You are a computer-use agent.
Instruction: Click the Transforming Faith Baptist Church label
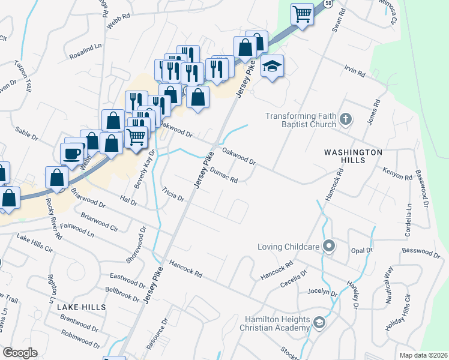[299, 120]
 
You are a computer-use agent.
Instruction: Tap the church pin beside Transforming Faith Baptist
[345, 119]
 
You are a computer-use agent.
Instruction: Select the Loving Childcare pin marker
[328, 246]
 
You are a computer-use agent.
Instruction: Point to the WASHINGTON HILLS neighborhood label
[353, 157]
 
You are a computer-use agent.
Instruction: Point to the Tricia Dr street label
[172, 194]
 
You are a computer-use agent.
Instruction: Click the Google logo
[20, 353]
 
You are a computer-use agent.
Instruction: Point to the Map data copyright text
[423, 355]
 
